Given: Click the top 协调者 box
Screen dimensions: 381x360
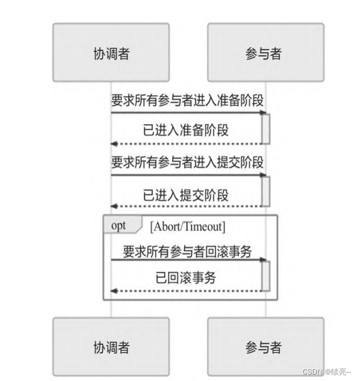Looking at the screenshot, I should pyautogui.click(x=111, y=53).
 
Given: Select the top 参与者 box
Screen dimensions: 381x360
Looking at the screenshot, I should pyautogui.click(x=265, y=53).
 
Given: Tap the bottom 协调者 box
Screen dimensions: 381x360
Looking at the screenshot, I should pyautogui.click(x=111, y=346).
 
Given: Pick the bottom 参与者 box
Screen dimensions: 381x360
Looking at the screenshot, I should pyautogui.click(x=265, y=346).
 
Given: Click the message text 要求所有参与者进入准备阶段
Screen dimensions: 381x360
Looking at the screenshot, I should pyautogui.click(x=187, y=101).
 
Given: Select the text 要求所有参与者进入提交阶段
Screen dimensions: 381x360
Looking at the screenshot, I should pyautogui.click(x=187, y=162).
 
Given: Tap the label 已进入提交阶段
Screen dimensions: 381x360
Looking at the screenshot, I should pyautogui.click(x=186, y=194).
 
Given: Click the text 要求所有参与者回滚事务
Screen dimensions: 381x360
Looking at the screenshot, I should pyautogui.click(x=187, y=251).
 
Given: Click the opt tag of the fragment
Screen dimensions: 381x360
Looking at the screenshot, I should pyautogui.click(x=119, y=225).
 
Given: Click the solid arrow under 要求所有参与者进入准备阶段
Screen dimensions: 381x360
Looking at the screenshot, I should pyautogui.click(x=188, y=112).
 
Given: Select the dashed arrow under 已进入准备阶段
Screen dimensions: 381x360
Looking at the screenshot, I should pyautogui.click(x=188, y=144).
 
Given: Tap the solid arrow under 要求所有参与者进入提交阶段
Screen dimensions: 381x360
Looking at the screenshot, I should pyautogui.click(x=188, y=175).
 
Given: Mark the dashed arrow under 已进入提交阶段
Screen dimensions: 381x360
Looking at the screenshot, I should pyautogui.click(x=188, y=206).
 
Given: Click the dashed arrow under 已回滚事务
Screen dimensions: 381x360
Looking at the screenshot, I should pyautogui.click(x=188, y=291).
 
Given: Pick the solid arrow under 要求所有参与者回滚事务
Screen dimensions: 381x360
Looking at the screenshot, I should pyautogui.click(x=188, y=259).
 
